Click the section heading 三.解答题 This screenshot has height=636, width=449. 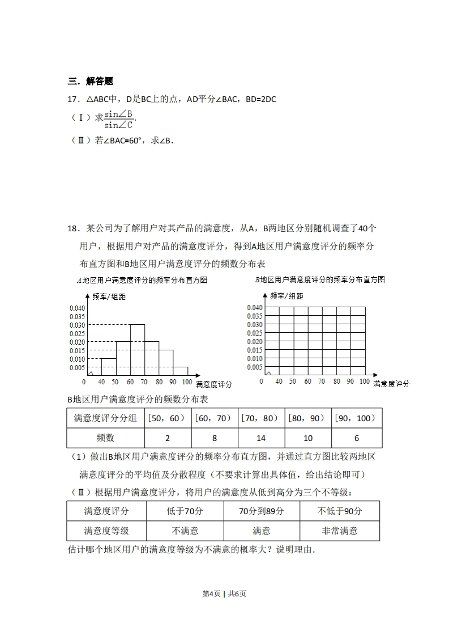pyautogui.click(x=91, y=81)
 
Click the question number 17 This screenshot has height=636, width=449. pyautogui.click(x=73, y=99)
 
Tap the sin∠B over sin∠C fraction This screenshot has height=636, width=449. pyautogui.click(x=118, y=119)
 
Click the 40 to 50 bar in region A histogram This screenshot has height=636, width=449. pyautogui.click(x=109, y=367)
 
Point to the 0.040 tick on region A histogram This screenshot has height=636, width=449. pyautogui.click(x=76, y=308)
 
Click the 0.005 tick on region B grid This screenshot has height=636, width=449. pyautogui.click(x=255, y=367)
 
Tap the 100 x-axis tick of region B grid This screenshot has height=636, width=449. pyautogui.click(x=365, y=381)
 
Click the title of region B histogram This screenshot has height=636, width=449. pyautogui.click(x=319, y=279)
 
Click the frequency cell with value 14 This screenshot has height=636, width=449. pyautogui.click(x=260, y=438)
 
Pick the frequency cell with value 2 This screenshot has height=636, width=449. pyautogui.click(x=168, y=438)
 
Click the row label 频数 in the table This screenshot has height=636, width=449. pyautogui.click(x=106, y=438)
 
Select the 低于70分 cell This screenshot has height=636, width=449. pyautogui.click(x=185, y=511)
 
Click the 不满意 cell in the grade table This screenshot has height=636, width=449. pyautogui.click(x=185, y=531)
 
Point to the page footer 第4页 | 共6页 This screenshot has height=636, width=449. pyautogui.click(x=224, y=593)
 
